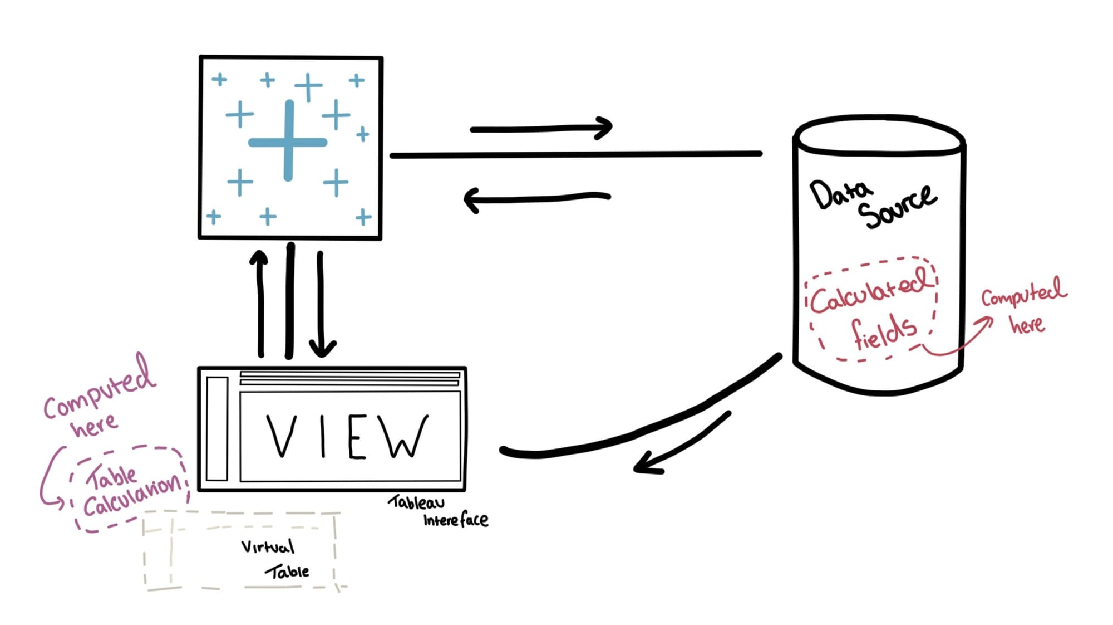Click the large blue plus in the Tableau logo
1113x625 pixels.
click(288, 141)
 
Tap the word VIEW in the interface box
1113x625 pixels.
click(347, 437)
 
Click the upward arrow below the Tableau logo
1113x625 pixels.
click(260, 304)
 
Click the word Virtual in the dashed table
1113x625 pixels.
click(267, 547)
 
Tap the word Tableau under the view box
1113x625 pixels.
click(416, 502)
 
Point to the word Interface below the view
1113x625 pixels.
click(455, 520)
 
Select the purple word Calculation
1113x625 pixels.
click(132, 495)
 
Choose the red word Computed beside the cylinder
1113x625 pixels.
click(1023, 292)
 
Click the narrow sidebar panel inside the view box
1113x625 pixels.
click(217, 428)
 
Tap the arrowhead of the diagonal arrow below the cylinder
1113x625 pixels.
click(646, 465)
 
